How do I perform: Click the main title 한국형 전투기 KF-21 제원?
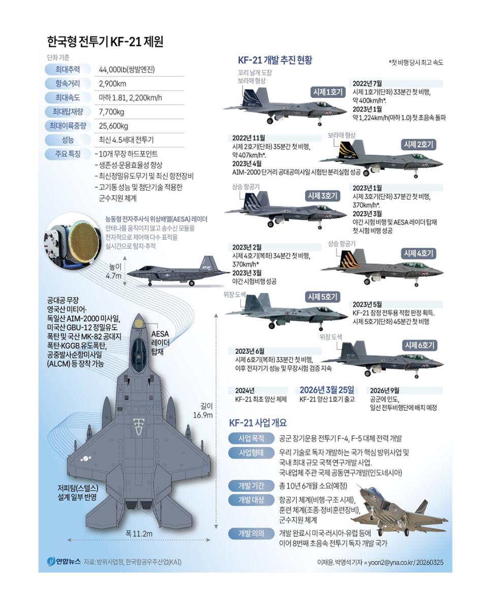tap(105, 42)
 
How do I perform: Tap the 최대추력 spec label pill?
tap(68, 70)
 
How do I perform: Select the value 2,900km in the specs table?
tap(112, 83)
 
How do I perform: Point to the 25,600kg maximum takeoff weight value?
tap(113, 126)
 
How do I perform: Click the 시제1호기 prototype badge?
tap(328, 91)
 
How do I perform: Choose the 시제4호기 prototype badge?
tap(418, 253)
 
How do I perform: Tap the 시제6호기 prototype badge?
tap(419, 345)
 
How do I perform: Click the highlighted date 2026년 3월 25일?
tap(327, 390)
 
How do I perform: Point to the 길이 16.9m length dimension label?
tap(203, 411)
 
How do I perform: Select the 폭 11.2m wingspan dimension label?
tap(139, 533)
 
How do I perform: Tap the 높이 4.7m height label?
tap(114, 271)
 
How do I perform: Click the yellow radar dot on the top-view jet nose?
tap(139, 323)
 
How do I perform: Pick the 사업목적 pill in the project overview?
tap(251, 439)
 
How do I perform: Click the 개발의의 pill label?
tap(251, 533)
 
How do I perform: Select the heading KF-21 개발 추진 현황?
tap(275, 60)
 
